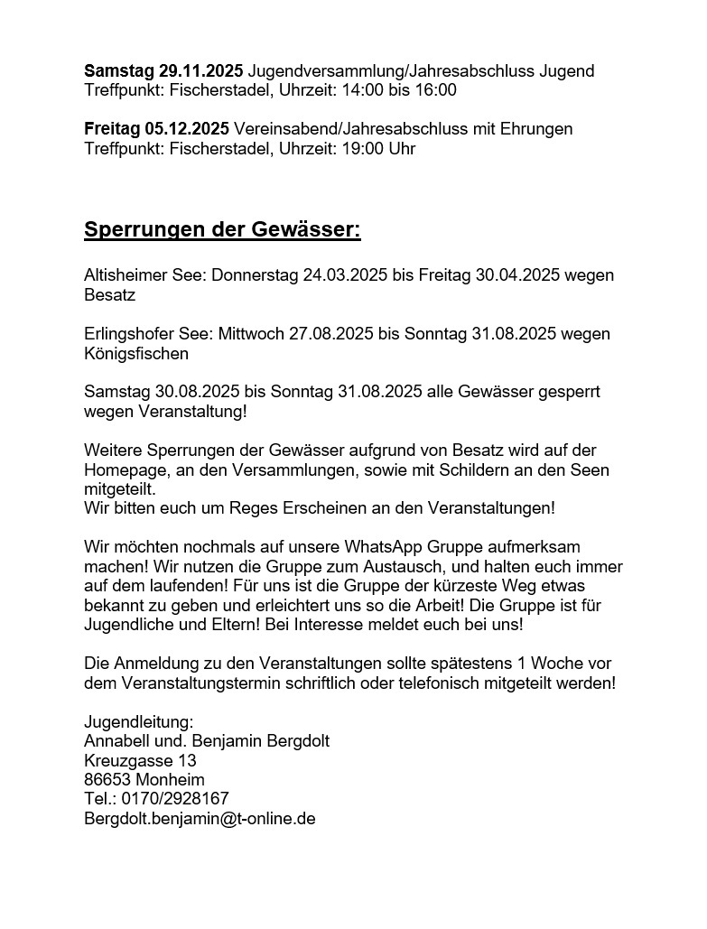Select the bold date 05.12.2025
tap(187, 129)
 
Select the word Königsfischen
tap(136, 354)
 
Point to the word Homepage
tap(121, 470)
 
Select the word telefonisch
tap(403, 683)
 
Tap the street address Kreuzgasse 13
tap(140, 761)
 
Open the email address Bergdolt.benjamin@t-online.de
tap(200, 820)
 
